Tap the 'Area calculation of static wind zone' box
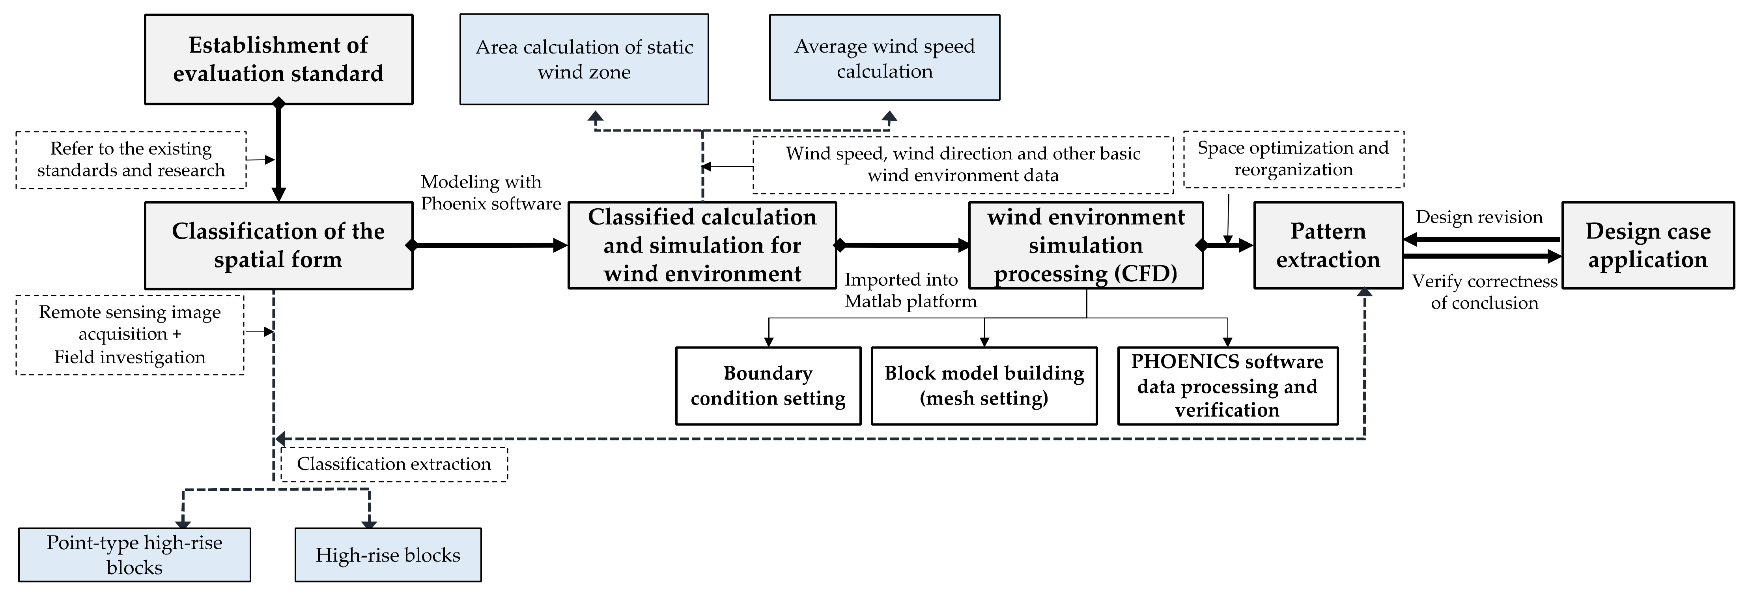point(584,59)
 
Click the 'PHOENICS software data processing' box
point(1227,386)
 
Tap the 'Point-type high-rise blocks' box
point(134,555)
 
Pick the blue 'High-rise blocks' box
point(388,555)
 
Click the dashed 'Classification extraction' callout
point(394,464)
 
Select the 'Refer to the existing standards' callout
point(131,160)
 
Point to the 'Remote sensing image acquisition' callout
point(130,335)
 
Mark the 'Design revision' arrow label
point(1479,217)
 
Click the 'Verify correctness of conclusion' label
point(1485,292)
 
